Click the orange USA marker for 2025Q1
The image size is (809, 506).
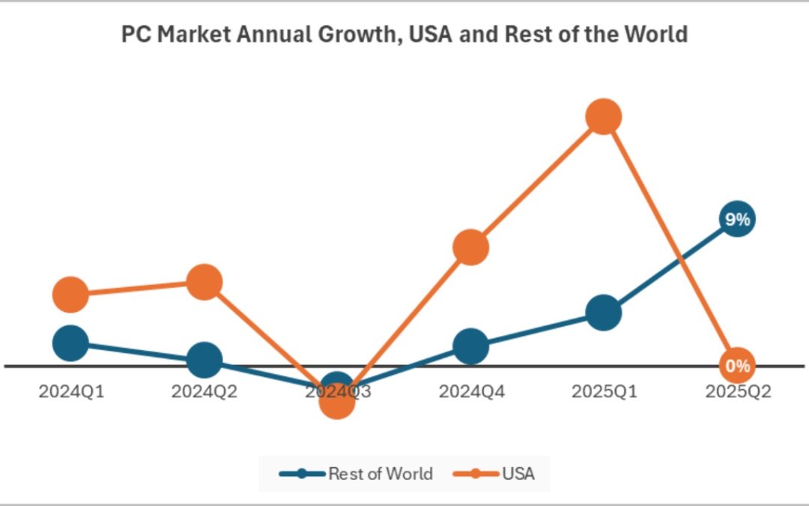[604, 117]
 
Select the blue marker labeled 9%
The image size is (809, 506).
[737, 220]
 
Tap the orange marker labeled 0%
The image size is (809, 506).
[737, 366]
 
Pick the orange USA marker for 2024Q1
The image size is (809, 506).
[70, 294]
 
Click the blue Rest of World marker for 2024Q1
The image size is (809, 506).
[70, 343]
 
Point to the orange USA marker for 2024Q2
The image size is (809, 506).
[204, 282]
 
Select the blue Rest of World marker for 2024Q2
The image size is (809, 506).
[204, 361]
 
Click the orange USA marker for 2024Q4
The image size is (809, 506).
[470, 247]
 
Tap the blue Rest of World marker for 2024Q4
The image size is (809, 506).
[470, 346]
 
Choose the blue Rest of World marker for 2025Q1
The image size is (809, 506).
[604, 312]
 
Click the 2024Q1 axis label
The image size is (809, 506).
[70, 391]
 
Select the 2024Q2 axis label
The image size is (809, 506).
[204, 391]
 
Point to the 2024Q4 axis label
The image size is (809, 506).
[470, 391]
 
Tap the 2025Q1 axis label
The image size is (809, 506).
[604, 391]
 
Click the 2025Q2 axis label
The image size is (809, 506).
[737, 391]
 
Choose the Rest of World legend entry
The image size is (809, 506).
[357, 474]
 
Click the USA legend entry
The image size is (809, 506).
[495, 474]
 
